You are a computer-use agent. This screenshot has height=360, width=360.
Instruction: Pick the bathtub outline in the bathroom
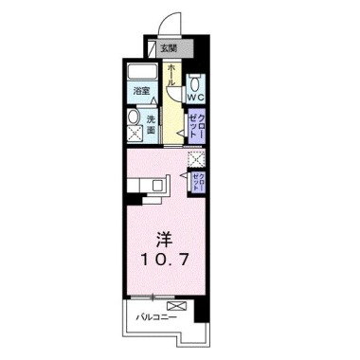pyautogui.click(x=142, y=74)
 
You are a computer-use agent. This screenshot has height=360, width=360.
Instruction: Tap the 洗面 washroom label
pyautogui.click(x=151, y=124)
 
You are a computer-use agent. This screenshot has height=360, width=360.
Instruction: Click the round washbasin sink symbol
pyautogui.click(x=134, y=119)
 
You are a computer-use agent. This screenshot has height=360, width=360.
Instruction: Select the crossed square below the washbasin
pyautogui.click(x=134, y=139)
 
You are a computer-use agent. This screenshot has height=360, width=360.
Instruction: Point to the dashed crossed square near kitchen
pyautogui.click(x=196, y=159)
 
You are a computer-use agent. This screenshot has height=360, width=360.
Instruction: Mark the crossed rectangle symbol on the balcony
pyautogui.click(x=176, y=305)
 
